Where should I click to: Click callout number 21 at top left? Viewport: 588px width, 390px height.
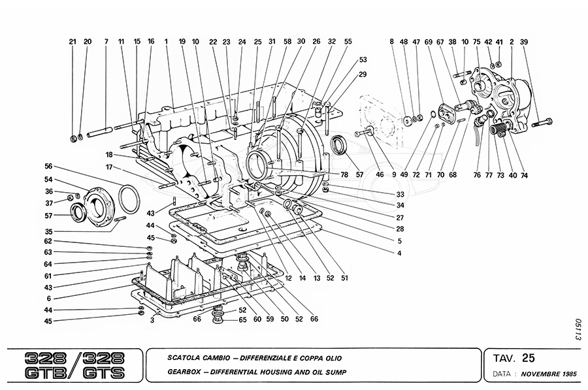[73, 41]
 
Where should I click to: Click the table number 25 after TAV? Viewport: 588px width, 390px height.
[529, 357]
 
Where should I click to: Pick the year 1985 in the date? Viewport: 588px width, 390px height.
[565, 376]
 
